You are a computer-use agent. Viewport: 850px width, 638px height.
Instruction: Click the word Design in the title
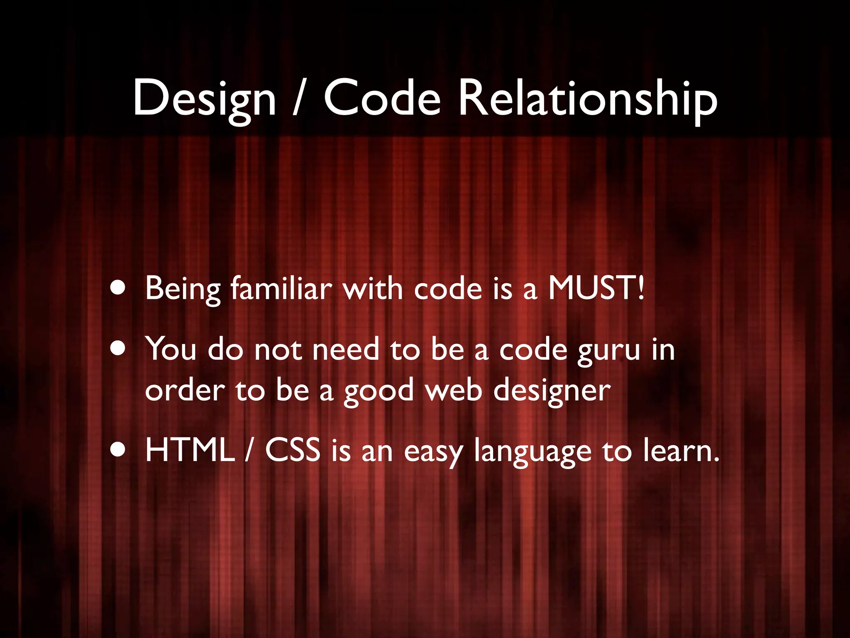[x=204, y=99]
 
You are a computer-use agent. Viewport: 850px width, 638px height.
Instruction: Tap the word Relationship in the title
[x=587, y=99]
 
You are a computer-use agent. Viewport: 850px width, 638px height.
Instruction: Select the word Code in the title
[x=382, y=99]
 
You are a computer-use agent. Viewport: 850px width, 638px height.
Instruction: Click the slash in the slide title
[x=298, y=99]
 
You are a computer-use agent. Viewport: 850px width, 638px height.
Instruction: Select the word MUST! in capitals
[x=597, y=288]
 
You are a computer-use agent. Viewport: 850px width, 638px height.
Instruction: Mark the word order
[x=185, y=390]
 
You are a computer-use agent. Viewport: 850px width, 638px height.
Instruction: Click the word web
[x=454, y=390]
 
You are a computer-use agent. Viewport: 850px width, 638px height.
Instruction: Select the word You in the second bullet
[x=171, y=349]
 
